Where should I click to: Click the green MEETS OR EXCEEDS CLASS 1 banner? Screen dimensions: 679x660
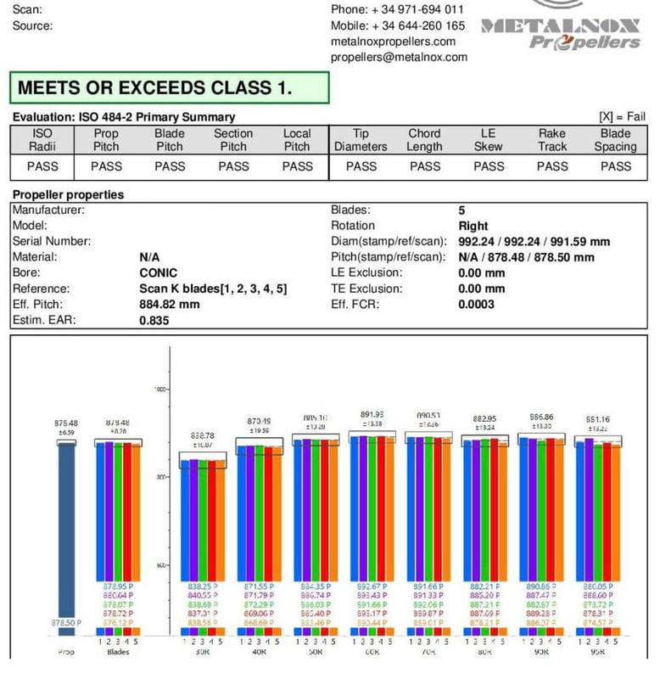click(168, 87)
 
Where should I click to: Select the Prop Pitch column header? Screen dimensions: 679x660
click(106, 139)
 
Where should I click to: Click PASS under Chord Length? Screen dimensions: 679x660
click(424, 166)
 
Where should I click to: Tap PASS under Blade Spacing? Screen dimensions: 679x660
click(615, 166)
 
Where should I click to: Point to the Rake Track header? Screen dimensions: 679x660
click(551, 139)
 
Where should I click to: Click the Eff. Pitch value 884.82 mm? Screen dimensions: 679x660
click(170, 305)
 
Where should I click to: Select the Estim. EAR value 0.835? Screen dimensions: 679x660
click(154, 321)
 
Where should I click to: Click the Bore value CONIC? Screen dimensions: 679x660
click(158, 273)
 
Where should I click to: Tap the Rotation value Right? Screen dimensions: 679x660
click(473, 226)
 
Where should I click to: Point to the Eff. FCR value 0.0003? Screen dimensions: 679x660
click(476, 305)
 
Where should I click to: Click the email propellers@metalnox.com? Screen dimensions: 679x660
click(399, 57)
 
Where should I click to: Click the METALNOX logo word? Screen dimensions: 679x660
click(561, 26)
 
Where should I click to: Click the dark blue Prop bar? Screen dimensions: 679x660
click(66, 535)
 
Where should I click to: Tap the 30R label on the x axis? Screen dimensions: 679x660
click(202, 652)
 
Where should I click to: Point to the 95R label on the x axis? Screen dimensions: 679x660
click(598, 652)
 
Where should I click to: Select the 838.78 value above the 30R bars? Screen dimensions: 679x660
click(202, 435)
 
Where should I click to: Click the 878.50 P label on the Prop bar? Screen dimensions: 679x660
click(66, 622)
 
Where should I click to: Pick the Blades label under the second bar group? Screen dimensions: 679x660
click(118, 652)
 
